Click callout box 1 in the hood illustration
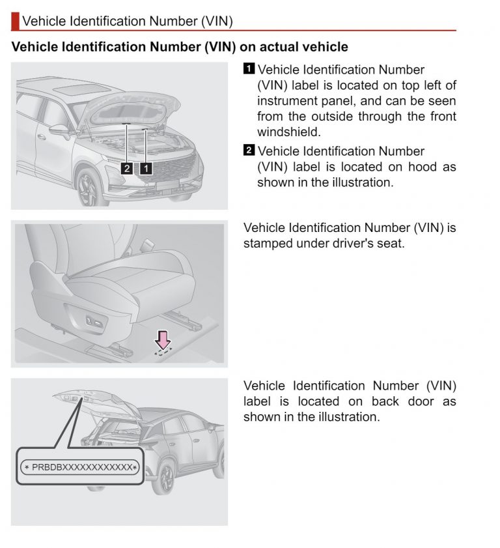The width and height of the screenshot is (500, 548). tap(146, 168)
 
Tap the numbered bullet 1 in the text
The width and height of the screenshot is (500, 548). tap(249, 69)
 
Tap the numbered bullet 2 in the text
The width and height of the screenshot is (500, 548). tap(249, 151)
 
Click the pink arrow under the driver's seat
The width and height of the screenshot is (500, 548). tap(163, 340)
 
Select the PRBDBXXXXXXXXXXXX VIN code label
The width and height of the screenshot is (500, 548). tap(79, 467)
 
